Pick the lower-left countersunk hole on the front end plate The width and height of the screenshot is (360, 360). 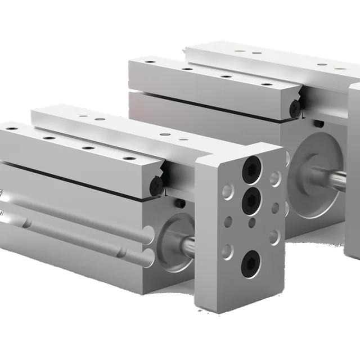click(228, 248)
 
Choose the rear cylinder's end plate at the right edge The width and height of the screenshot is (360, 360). click(354, 169)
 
